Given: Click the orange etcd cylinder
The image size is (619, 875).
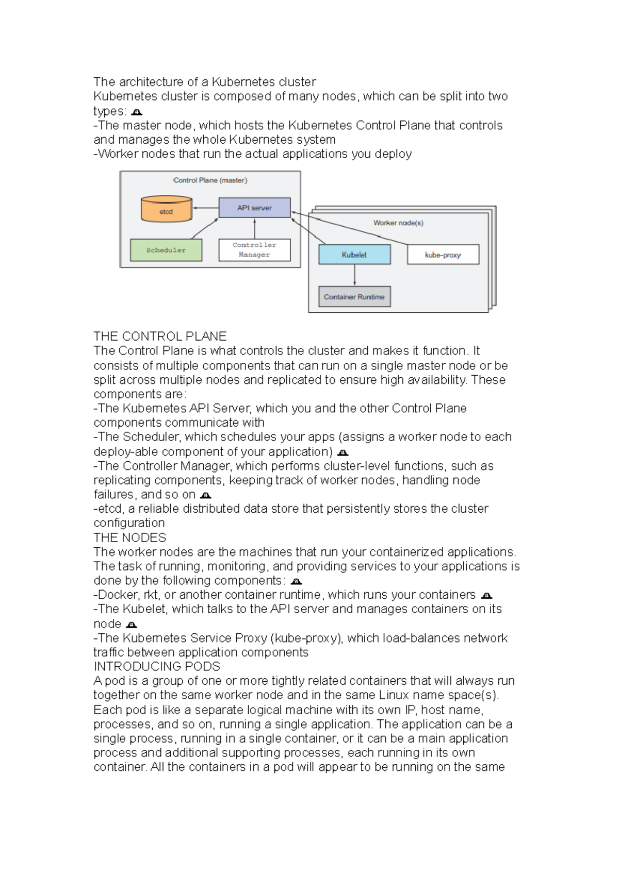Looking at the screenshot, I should pyautogui.click(x=167, y=209).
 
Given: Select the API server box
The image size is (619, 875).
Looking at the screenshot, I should pyautogui.click(x=254, y=208).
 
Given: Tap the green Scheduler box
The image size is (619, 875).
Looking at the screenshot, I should pyautogui.click(x=166, y=250).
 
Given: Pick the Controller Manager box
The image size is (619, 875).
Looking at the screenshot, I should pyautogui.click(x=254, y=250).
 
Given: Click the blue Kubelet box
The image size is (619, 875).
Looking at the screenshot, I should pyautogui.click(x=354, y=255).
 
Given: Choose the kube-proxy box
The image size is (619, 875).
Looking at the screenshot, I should pyautogui.click(x=443, y=255).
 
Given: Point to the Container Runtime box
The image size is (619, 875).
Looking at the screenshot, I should pyautogui.click(x=354, y=297).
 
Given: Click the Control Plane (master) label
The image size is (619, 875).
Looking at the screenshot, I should pyautogui.click(x=210, y=180).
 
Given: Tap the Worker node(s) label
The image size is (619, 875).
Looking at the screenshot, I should pyautogui.click(x=398, y=223).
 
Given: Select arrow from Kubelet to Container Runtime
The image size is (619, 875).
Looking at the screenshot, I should pyautogui.click(x=354, y=275).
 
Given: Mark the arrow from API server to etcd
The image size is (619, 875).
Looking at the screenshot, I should pyautogui.click(x=205, y=208).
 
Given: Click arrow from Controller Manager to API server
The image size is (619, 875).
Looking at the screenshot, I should pyautogui.click(x=254, y=228).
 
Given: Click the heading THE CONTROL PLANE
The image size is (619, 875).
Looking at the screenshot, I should pyautogui.click(x=160, y=336).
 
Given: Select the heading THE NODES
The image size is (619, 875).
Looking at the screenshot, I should pyautogui.click(x=129, y=537).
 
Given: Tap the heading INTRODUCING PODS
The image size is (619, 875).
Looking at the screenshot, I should pyautogui.click(x=157, y=666).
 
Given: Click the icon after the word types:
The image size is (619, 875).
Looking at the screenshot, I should pyautogui.click(x=137, y=112).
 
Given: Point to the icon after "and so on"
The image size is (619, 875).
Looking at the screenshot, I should pyautogui.click(x=205, y=495).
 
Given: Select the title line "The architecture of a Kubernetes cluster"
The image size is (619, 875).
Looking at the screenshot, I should pyautogui.click(x=205, y=82).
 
